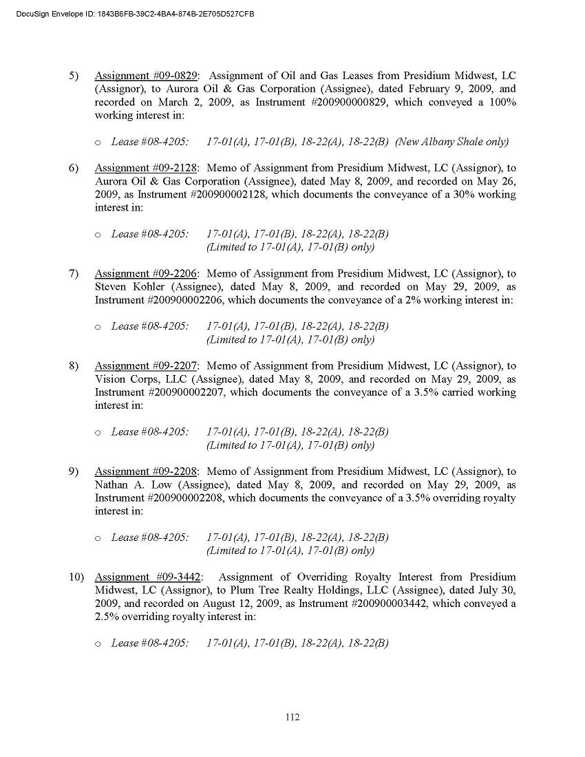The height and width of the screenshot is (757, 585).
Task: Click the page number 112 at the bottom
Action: click(x=292, y=717)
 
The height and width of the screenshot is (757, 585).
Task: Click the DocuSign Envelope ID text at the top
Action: click(x=131, y=14)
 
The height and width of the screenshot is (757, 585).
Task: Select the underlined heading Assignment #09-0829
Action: click(x=146, y=76)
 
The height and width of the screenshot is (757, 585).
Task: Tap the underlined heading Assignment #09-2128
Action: click(x=146, y=168)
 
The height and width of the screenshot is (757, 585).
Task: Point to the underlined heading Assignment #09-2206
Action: click(x=146, y=274)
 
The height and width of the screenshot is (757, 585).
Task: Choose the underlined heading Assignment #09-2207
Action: click(x=146, y=366)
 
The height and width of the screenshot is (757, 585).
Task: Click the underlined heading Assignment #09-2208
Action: click(x=146, y=472)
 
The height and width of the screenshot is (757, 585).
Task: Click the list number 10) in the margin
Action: click(x=76, y=577)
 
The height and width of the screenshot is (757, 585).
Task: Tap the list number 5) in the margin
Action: click(x=74, y=76)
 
